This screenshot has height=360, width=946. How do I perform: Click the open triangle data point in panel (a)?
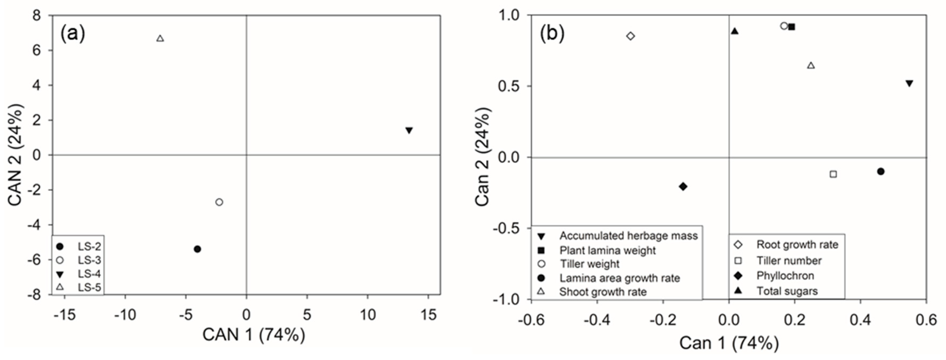tap(160, 38)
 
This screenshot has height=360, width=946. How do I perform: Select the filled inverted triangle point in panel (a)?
tap(409, 131)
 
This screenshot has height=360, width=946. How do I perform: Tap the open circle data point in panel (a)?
tap(219, 202)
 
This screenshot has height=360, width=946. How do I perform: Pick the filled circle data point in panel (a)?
tap(197, 249)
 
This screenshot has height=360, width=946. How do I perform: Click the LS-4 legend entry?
tap(89, 274)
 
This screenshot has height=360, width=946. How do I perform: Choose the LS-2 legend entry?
tap(89, 246)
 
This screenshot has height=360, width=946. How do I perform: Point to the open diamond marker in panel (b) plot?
tap(631, 36)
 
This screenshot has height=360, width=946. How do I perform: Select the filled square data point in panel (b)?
tap(792, 27)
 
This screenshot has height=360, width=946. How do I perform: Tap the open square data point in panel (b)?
tap(833, 174)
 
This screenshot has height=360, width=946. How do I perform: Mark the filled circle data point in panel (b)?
tap(881, 171)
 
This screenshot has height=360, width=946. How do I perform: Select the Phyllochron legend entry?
tap(785, 275)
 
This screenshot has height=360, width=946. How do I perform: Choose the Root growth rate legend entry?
tap(797, 245)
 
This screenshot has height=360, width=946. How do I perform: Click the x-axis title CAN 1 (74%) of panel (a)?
tap(254, 335)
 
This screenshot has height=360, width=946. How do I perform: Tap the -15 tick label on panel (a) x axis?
tap(65, 315)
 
